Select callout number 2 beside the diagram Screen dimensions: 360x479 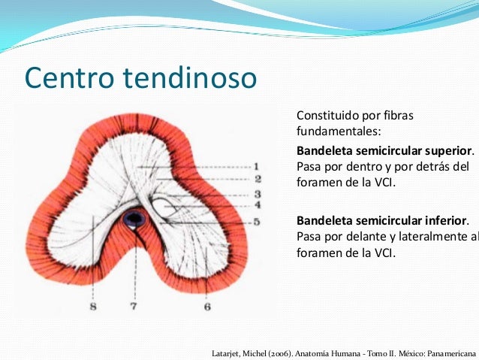tap(257, 179)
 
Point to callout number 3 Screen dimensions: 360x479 tap(257, 194)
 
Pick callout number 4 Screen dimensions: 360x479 tap(257, 204)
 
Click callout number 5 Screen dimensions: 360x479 tap(257, 222)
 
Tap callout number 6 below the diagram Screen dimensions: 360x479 tap(207, 307)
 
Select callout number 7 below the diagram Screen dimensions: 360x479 tap(134, 307)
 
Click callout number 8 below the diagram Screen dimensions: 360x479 tap(92, 307)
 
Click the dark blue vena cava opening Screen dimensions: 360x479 tap(135, 219)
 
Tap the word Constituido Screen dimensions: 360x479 tap(328, 116)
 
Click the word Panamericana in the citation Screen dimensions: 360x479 tap(452, 352)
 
